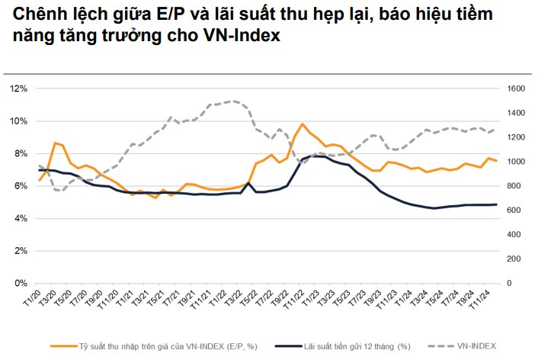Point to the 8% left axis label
19,153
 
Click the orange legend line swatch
60,346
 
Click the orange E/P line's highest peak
303,124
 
